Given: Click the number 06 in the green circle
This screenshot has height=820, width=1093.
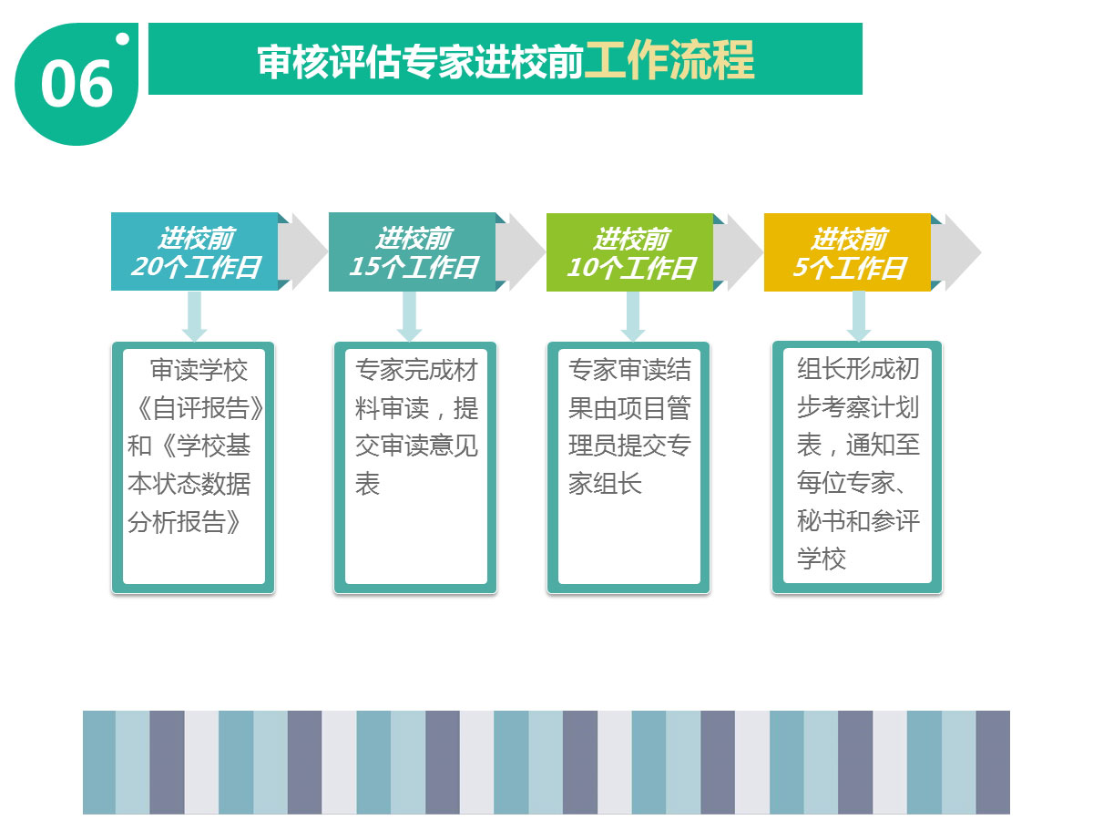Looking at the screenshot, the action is (77, 84).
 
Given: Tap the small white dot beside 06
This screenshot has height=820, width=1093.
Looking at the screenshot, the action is (122, 39).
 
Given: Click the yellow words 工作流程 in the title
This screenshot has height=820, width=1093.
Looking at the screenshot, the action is (669, 60).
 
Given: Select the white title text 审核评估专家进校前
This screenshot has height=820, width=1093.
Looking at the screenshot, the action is (420, 61).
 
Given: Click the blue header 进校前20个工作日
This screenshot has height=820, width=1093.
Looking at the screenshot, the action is (195, 252).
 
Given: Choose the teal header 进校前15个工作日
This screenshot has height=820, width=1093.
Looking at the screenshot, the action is (413, 252).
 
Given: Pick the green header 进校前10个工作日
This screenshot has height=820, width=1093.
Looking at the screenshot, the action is (630, 252).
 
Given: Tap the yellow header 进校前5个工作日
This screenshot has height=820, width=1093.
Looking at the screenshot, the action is (847, 252).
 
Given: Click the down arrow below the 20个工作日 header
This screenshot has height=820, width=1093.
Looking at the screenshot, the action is (194, 316).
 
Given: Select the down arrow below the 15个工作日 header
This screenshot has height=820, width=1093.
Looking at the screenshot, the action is (409, 316).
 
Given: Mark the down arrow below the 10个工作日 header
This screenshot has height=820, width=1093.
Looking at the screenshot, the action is (633, 316).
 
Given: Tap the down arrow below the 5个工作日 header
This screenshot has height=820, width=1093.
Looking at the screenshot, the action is (859, 316).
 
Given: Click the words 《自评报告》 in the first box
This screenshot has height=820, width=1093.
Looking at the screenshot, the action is (199, 408).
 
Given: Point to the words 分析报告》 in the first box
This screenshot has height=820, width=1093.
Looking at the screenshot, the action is (185, 522).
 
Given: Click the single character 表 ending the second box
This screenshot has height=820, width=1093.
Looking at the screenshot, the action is (367, 484).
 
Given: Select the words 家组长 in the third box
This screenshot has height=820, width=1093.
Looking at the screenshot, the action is (605, 484).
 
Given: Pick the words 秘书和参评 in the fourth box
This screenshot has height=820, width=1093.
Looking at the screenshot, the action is (858, 521).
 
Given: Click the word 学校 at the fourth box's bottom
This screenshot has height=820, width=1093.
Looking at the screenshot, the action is (822, 559).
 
